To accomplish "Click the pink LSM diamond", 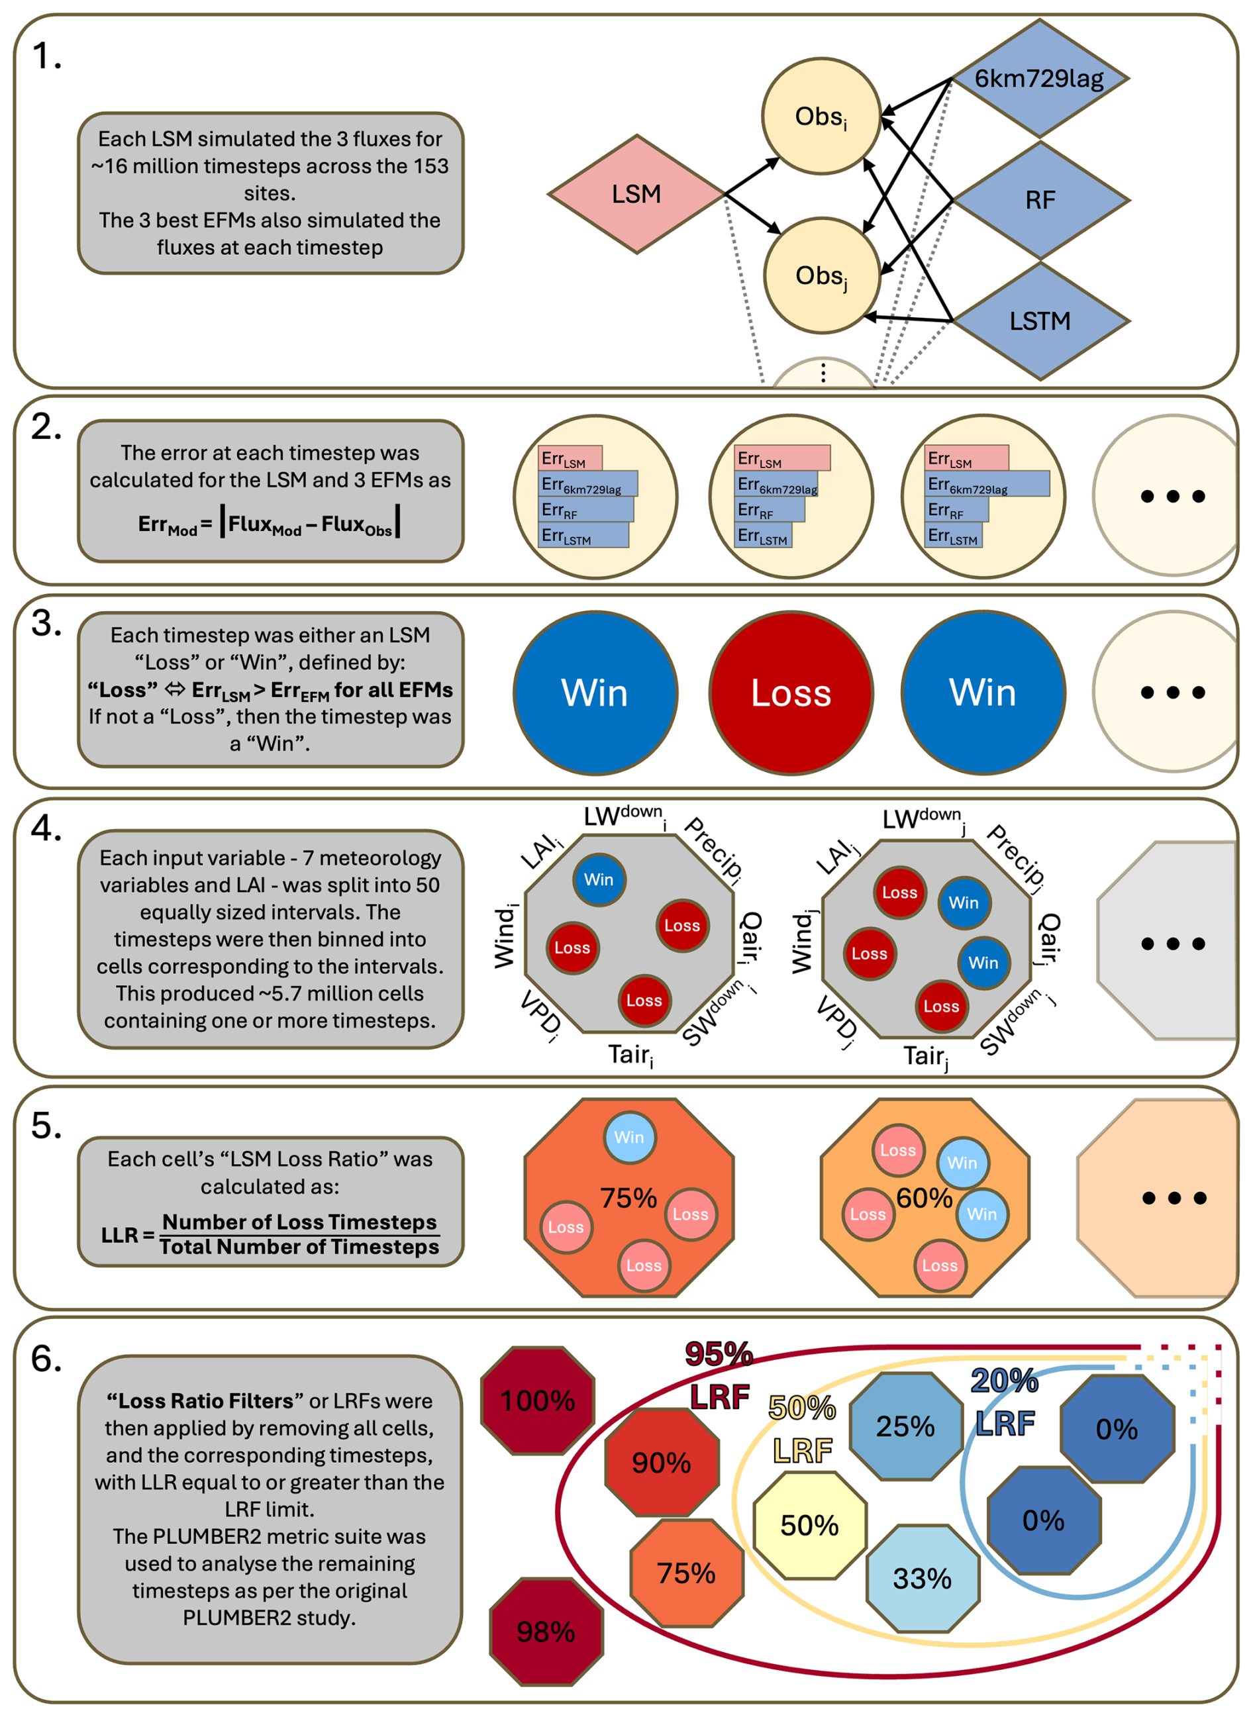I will pyautogui.click(x=636, y=194).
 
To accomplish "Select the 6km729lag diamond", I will pyautogui.click(x=1039, y=78).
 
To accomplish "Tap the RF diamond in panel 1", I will pyautogui.click(x=1040, y=200).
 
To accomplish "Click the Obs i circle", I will pyautogui.click(x=821, y=117).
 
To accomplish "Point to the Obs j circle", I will pyautogui.click(x=821, y=276).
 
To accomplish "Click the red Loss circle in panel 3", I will pyautogui.click(x=791, y=693).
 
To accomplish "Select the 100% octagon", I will pyautogui.click(x=538, y=1400).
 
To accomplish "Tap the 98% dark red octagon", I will pyautogui.click(x=546, y=1632).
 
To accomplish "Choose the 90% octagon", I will pyautogui.click(x=662, y=1462).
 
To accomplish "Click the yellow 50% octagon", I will pyautogui.click(x=810, y=1525).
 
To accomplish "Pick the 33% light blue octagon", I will pyautogui.click(x=923, y=1578).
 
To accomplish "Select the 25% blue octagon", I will pyautogui.click(x=905, y=1426).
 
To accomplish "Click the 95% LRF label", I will pyautogui.click(x=719, y=1376).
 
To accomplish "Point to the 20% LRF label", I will pyautogui.click(x=1005, y=1402).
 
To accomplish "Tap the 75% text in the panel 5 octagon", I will pyautogui.click(x=628, y=1199).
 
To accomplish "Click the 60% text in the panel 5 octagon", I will pyautogui.click(x=924, y=1199).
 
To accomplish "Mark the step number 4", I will pyautogui.click(x=46, y=828).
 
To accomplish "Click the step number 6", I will pyautogui.click(x=46, y=1358).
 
